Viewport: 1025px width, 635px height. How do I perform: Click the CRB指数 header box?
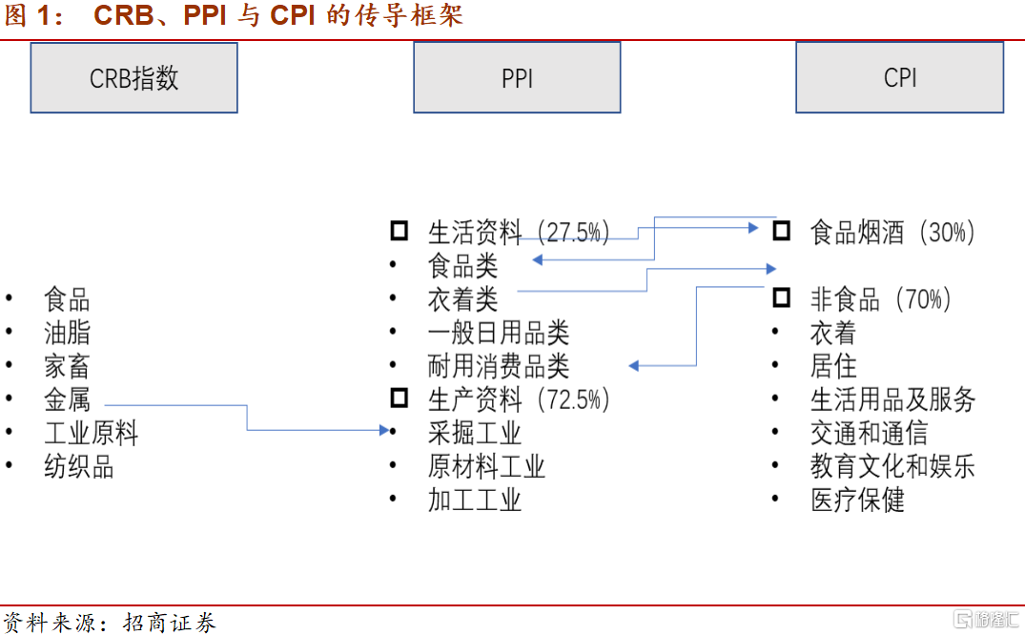pyautogui.click(x=133, y=78)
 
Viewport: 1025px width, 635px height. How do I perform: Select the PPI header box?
pyautogui.click(x=517, y=78)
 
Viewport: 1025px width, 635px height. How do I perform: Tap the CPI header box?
pyautogui.click(x=899, y=78)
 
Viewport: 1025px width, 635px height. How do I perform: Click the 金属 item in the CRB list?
pyautogui.click(x=67, y=399)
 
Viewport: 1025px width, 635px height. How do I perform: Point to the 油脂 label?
pyautogui.click(x=67, y=333)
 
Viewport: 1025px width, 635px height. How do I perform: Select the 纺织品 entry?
pyautogui.click(x=78, y=466)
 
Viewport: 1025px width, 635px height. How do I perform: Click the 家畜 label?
pyautogui.click(x=67, y=366)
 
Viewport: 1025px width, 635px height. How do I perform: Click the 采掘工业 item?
pyautogui.click(x=475, y=433)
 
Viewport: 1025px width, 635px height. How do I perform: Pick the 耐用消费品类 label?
pyautogui.click(x=498, y=366)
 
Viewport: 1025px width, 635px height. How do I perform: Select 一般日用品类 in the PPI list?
pyautogui.click(x=498, y=333)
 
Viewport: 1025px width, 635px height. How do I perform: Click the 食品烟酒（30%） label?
pyautogui.click(x=892, y=232)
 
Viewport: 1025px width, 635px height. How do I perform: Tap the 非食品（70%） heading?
pyautogui.click(x=880, y=299)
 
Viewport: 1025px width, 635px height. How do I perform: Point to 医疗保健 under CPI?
pyautogui.click(x=857, y=500)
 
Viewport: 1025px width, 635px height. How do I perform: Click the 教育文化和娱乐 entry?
pyautogui.click(x=892, y=466)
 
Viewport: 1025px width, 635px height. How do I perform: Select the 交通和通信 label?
pyautogui.click(x=869, y=433)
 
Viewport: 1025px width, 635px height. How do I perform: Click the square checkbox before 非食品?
pyautogui.click(x=781, y=298)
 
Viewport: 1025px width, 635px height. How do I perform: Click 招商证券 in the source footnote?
pyautogui.click(x=170, y=623)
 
